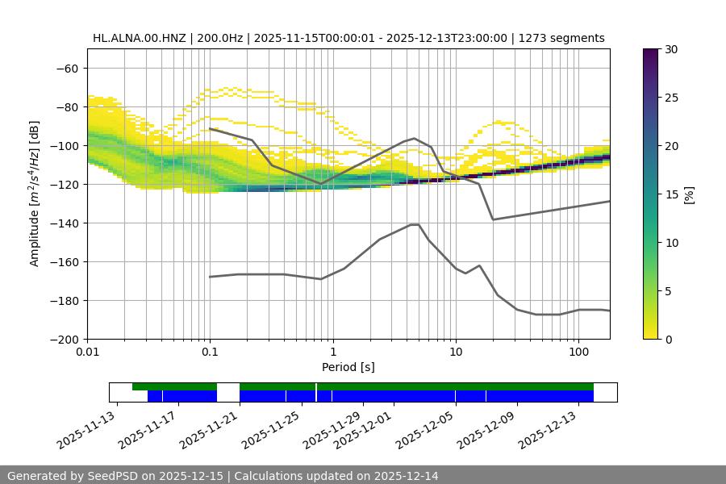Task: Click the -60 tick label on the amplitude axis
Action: click(66, 69)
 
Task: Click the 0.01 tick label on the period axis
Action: click(87, 353)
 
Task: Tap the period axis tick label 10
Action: click(456, 353)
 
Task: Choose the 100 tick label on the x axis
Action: click(578, 353)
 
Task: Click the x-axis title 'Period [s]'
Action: click(348, 367)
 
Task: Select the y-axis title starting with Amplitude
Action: click(35, 194)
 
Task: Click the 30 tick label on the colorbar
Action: click(671, 50)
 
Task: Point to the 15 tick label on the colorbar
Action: click(671, 194)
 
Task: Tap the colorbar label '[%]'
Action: click(689, 194)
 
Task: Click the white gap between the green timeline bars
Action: click(228, 387)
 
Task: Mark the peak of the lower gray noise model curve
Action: click(415, 224)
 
